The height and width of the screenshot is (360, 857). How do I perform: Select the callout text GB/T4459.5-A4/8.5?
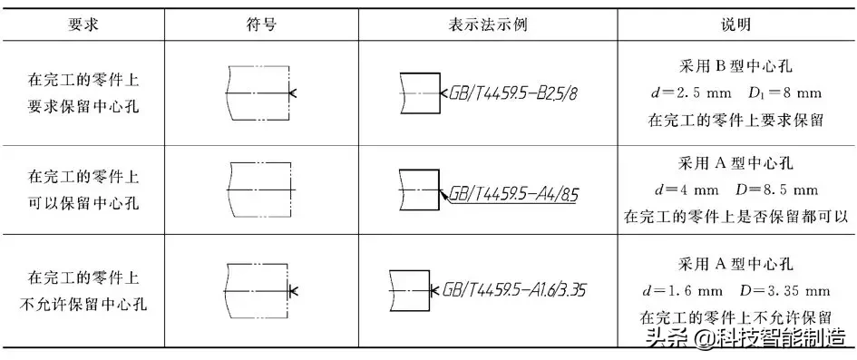click(x=511, y=193)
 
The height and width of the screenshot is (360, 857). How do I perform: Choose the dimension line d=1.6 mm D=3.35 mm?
click(x=735, y=290)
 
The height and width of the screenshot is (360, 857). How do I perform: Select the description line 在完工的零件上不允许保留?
click(x=735, y=316)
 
